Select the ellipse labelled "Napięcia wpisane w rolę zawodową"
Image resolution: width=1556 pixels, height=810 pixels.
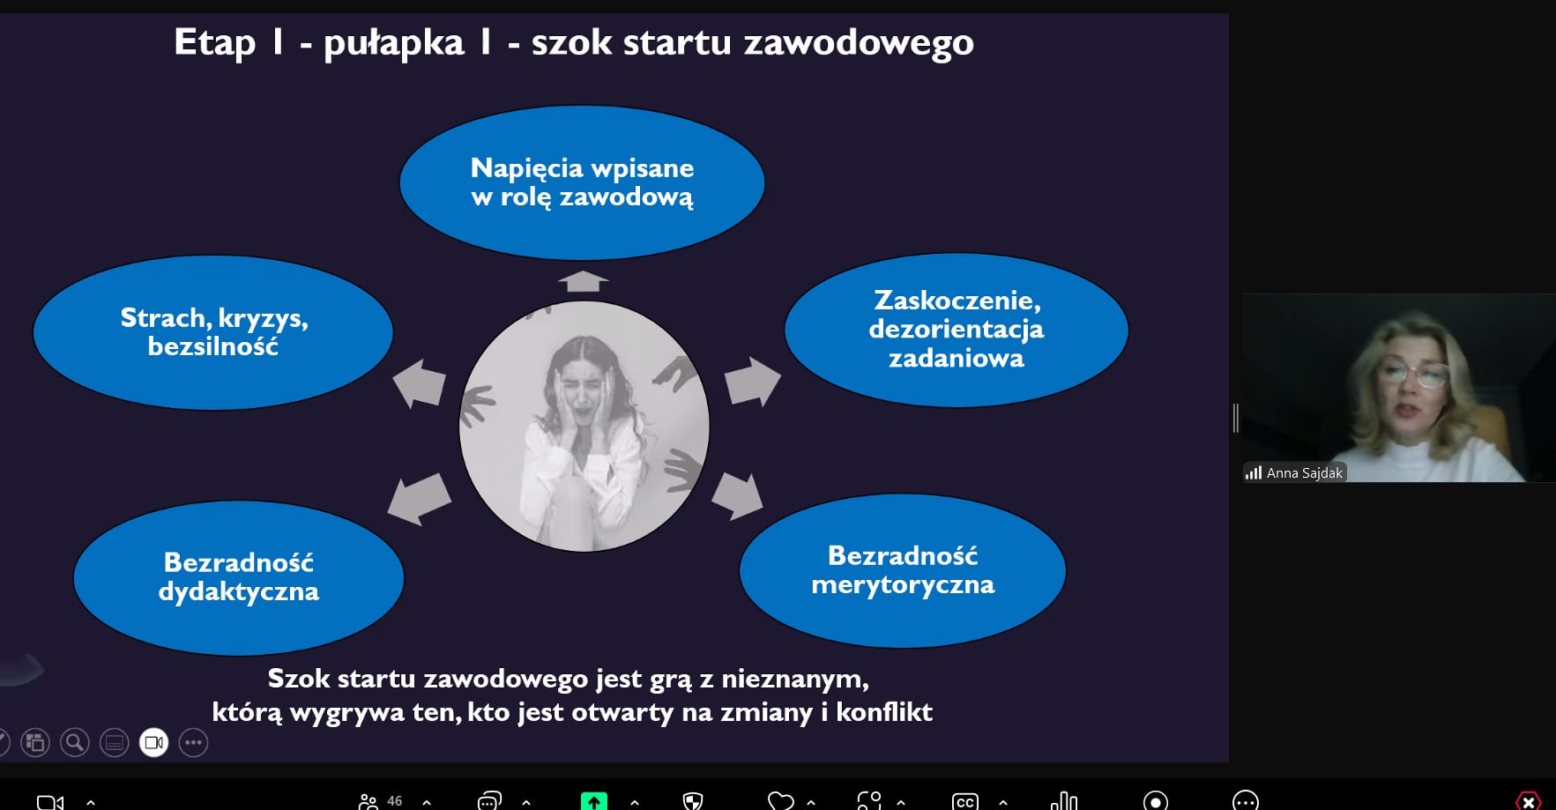(x=582, y=182)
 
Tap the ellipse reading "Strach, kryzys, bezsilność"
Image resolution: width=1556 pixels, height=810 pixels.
(x=213, y=332)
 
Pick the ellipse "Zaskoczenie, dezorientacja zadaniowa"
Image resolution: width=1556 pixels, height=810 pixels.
(x=957, y=330)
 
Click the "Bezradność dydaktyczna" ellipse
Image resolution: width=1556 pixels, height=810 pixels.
(x=239, y=577)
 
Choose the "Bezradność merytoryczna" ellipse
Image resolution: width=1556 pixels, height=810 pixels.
(x=903, y=570)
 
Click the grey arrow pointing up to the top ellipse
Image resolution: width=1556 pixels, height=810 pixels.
(x=583, y=281)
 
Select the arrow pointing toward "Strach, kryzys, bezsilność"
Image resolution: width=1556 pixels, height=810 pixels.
(x=419, y=383)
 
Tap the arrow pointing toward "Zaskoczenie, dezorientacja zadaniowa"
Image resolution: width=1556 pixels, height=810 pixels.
(x=752, y=382)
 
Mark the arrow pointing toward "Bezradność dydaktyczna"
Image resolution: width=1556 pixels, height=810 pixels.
(x=420, y=498)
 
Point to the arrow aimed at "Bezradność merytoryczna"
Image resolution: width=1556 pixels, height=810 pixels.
(x=737, y=495)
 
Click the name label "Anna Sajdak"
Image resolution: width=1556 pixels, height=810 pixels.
(x=1305, y=473)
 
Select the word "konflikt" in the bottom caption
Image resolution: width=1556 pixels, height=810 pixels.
(x=884, y=711)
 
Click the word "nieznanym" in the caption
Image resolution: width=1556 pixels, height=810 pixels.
(x=795, y=679)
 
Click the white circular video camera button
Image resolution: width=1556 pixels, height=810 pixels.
(x=154, y=743)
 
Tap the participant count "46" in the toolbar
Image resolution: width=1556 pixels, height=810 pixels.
(x=395, y=801)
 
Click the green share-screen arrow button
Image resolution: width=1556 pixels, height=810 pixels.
(x=594, y=801)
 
